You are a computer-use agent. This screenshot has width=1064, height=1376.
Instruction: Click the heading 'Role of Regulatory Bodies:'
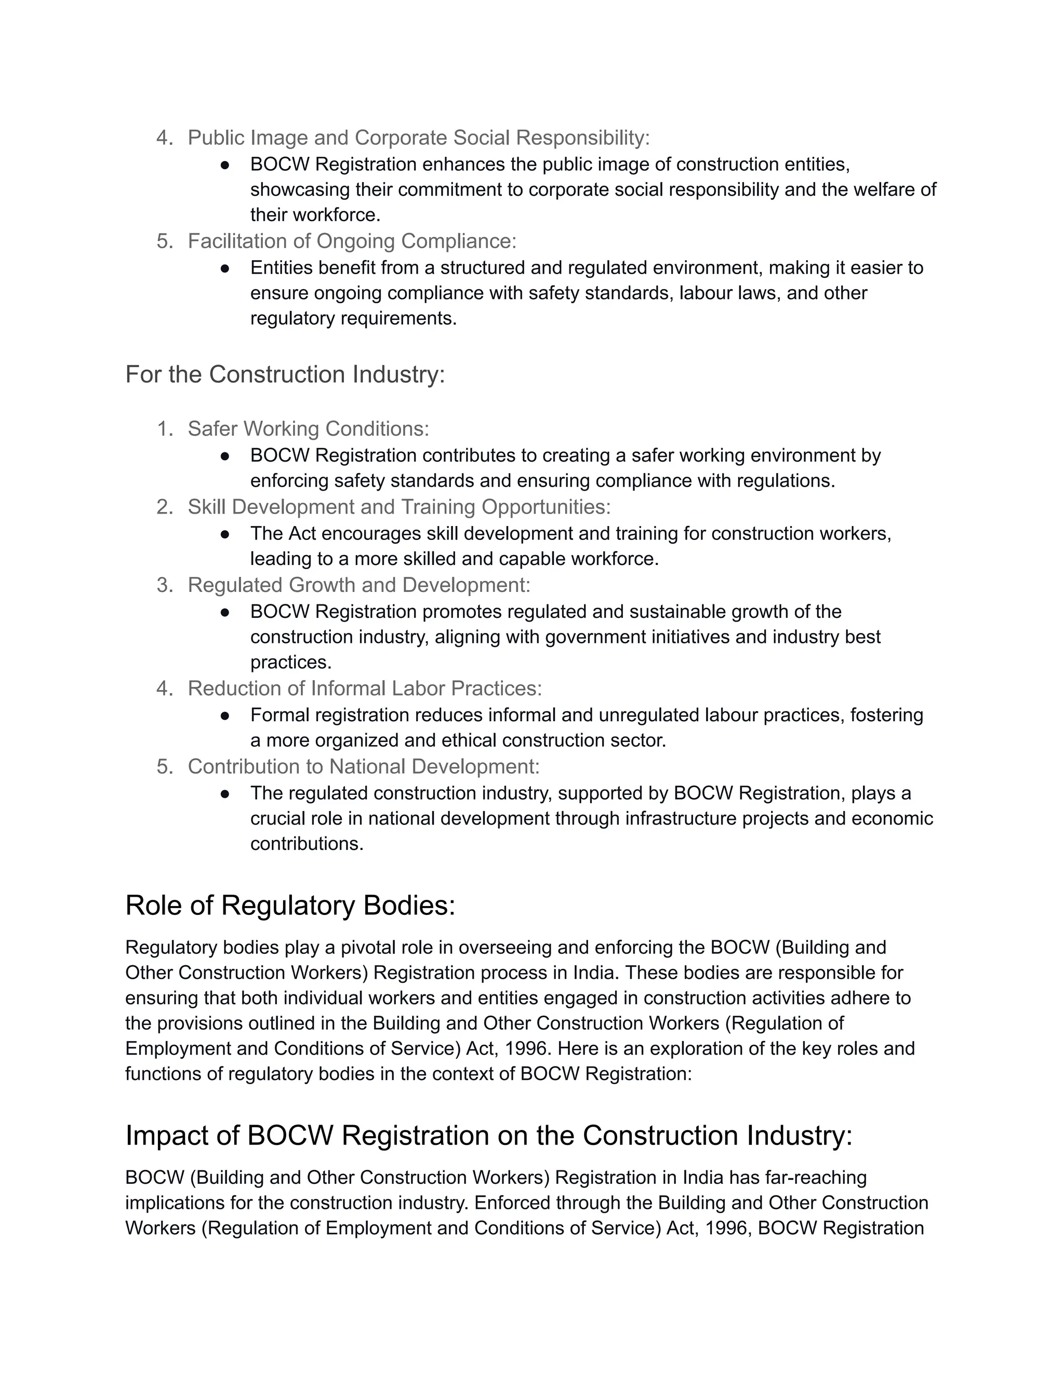[x=290, y=906]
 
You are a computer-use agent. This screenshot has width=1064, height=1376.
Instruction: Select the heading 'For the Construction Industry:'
[x=285, y=375]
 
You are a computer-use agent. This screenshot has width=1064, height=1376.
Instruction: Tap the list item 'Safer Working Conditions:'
[x=308, y=429]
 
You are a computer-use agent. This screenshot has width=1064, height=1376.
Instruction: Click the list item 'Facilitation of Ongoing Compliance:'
[x=352, y=241]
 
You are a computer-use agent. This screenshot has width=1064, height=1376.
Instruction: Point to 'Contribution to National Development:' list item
[x=364, y=767]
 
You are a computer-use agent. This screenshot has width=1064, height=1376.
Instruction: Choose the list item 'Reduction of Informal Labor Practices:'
[x=364, y=689]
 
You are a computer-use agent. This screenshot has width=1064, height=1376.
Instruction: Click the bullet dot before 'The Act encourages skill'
[x=225, y=534]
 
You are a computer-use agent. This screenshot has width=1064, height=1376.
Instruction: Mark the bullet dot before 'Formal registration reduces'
[x=225, y=716]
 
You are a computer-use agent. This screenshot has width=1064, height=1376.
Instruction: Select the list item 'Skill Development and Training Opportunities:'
[x=399, y=507]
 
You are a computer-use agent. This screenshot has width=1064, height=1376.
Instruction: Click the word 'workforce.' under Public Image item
[x=343, y=215]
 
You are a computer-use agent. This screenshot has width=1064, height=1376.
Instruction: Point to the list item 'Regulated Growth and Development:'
[x=358, y=585]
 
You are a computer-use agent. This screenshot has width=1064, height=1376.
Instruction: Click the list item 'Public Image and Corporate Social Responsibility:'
[x=419, y=138]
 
